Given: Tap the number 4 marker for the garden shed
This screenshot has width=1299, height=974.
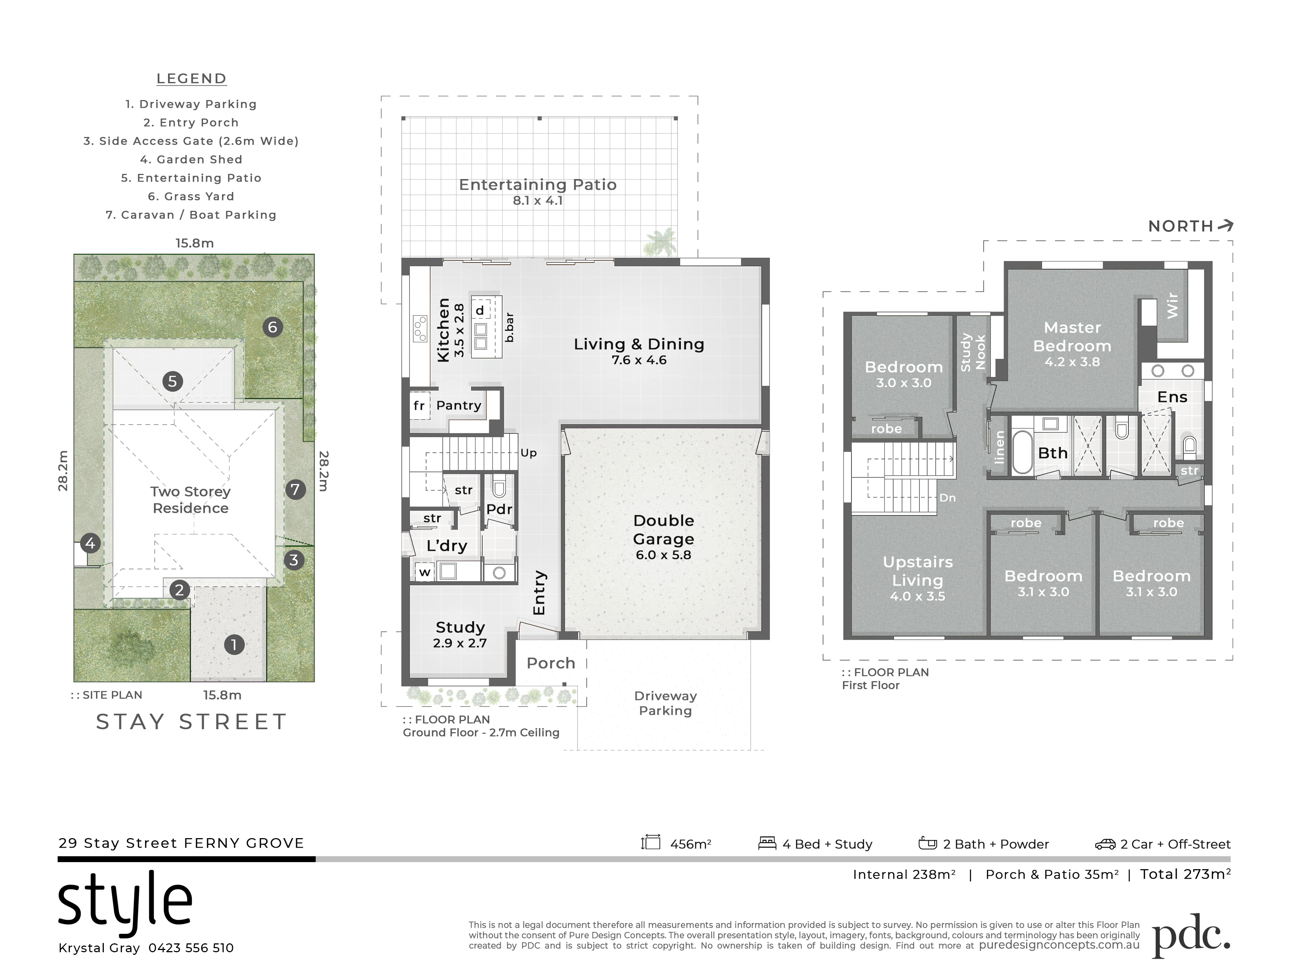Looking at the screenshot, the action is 90,543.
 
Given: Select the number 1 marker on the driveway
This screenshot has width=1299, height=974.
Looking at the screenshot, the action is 234,645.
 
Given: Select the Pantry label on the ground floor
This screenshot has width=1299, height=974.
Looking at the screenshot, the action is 459,405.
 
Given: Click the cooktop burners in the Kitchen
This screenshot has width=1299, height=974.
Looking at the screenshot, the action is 420,328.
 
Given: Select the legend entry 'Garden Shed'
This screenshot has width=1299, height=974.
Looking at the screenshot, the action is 191,159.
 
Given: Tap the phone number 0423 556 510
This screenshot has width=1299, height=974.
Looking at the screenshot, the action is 191,947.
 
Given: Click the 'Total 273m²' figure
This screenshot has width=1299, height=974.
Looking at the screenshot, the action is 1185,874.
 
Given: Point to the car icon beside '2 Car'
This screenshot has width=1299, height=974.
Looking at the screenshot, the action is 1105,844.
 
